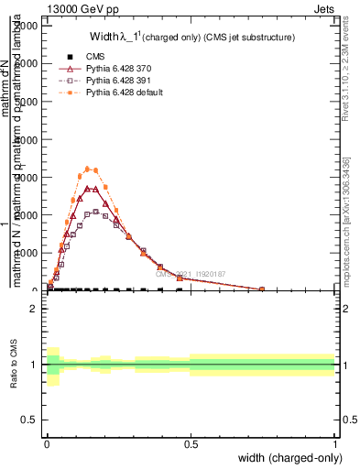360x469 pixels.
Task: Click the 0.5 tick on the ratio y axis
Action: (x=29, y=420)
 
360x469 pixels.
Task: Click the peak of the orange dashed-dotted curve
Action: (x=88, y=169)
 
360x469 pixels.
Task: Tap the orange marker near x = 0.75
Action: (x=262, y=289)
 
